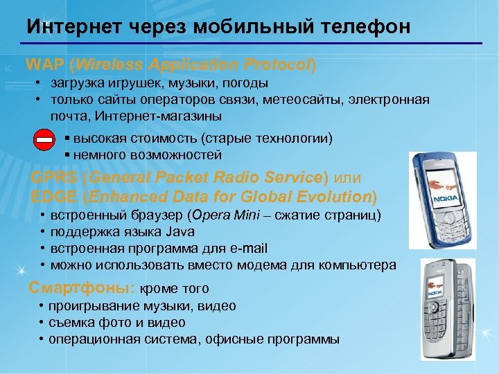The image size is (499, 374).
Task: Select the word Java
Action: [x=181, y=231]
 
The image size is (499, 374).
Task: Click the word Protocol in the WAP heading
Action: [x=277, y=65]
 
